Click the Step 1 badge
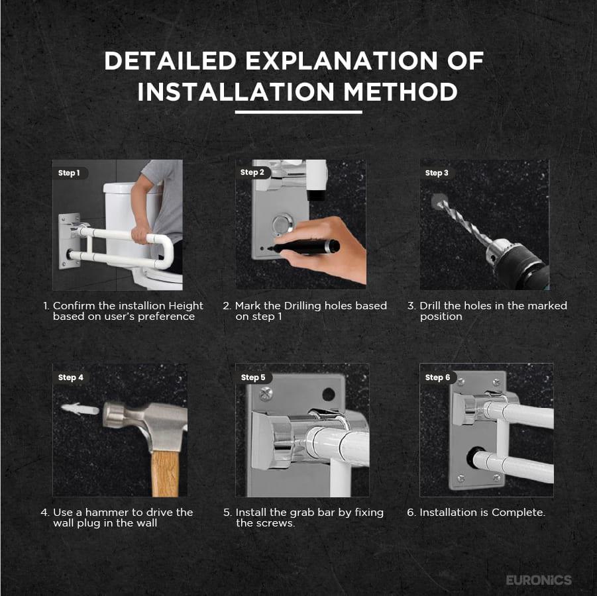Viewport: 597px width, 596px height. [x=70, y=173]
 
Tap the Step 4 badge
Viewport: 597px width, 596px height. [x=72, y=377]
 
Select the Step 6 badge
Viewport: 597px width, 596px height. [x=438, y=377]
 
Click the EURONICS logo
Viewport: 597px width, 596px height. [x=539, y=579]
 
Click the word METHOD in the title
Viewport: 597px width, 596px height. [x=400, y=92]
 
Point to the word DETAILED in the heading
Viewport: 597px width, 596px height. [x=170, y=61]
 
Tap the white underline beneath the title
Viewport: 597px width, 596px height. [x=298, y=113]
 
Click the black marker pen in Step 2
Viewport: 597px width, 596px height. [x=304, y=247]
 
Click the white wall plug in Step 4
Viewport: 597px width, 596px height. [x=80, y=409]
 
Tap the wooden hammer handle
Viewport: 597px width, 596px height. [x=165, y=473]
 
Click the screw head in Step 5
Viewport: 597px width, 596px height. [x=266, y=394]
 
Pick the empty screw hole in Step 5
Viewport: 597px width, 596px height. [x=328, y=394]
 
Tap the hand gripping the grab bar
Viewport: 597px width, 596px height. [x=140, y=234]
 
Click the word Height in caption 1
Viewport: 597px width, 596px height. [x=186, y=306]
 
